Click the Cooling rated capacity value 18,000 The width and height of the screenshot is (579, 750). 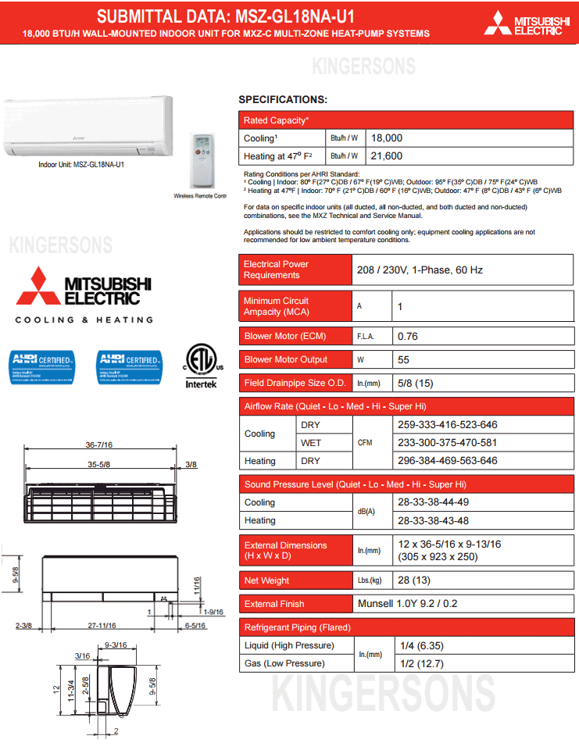click(x=387, y=137)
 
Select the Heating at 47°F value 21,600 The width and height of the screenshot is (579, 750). click(x=387, y=156)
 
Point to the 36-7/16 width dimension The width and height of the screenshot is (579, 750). click(x=98, y=445)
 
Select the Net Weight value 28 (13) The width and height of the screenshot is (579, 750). click(x=414, y=580)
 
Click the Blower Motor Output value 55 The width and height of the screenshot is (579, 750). click(x=403, y=360)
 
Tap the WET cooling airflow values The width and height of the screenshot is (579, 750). click(x=447, y=443)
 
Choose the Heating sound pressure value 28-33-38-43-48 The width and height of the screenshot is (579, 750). click(x=444, y=520)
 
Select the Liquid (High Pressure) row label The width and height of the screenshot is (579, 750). click(x=289, y=645)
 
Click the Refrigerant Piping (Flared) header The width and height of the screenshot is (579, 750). click(x=297, y=627)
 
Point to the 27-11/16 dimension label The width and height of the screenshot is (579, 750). click(x=102, y=626)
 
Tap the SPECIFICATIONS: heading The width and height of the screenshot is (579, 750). click(x=282, y=100)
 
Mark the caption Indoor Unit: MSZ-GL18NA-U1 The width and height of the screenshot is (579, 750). click(x=81, y=165)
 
